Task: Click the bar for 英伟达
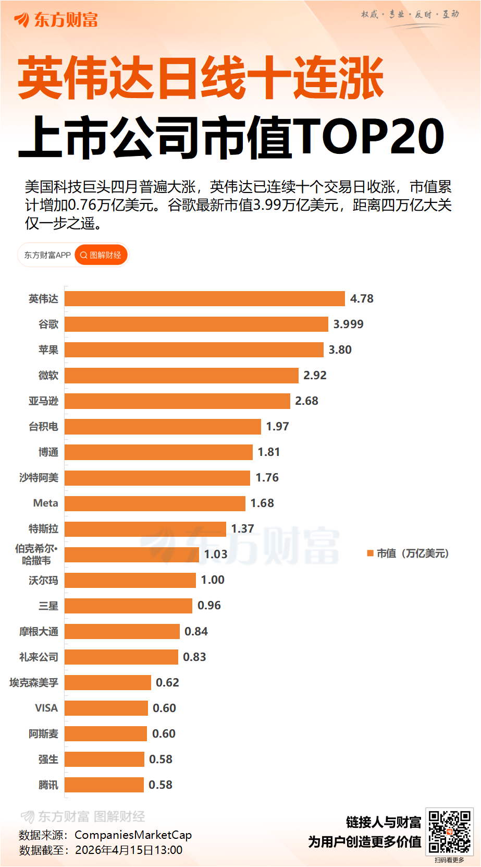tap(204, 298)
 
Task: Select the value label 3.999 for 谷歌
tap(348, 324)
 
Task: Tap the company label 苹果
tap(48, 350)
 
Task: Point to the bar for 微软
tap(181, 375)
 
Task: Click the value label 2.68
tap(306, 401)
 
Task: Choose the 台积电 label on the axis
tap(43, 426)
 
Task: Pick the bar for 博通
tap(158, 452)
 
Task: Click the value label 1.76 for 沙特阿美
tap(267, 477)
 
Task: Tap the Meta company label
tap(45, 503)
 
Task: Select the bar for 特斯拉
tap(145, 528)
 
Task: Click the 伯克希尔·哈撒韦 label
tap(36, 555)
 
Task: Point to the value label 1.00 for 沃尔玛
tap(213, 580)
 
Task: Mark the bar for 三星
tap(128, 605)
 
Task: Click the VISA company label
tap(46, 708)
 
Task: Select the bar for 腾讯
tap(104, 785)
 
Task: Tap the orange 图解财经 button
tap(101, 255)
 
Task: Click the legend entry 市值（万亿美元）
tap(408, 553)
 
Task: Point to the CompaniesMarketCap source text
tap(133, 835)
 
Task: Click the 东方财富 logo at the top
tap(56, 20)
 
